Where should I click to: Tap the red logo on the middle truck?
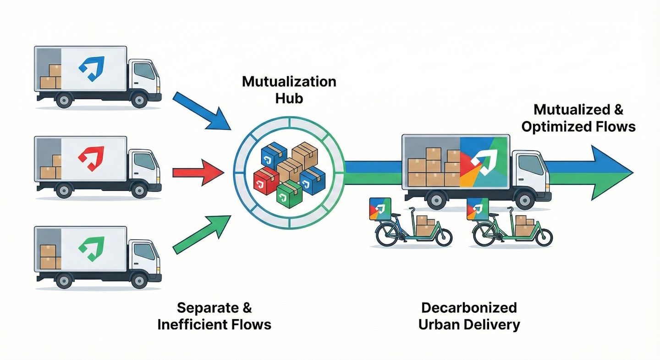coord(91,157)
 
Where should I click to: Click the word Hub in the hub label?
coord(289,98)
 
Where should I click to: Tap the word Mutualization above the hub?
coord(289,82)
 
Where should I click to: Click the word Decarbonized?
coord(468,307)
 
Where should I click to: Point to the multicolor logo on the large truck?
coord(484,160)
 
